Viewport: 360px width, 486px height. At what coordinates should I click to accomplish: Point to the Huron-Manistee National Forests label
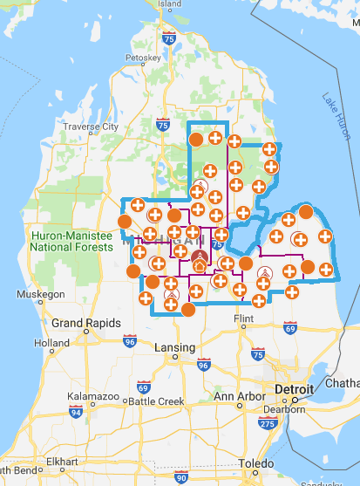tap(71, 241)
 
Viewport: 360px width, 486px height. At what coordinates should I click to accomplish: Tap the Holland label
tap(51, 343)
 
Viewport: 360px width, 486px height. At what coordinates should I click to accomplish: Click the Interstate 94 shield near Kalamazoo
tap(77, 411)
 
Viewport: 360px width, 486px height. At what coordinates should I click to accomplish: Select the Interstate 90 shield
tap(180, 477)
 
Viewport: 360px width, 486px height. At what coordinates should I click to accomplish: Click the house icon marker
tap(200, 265)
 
